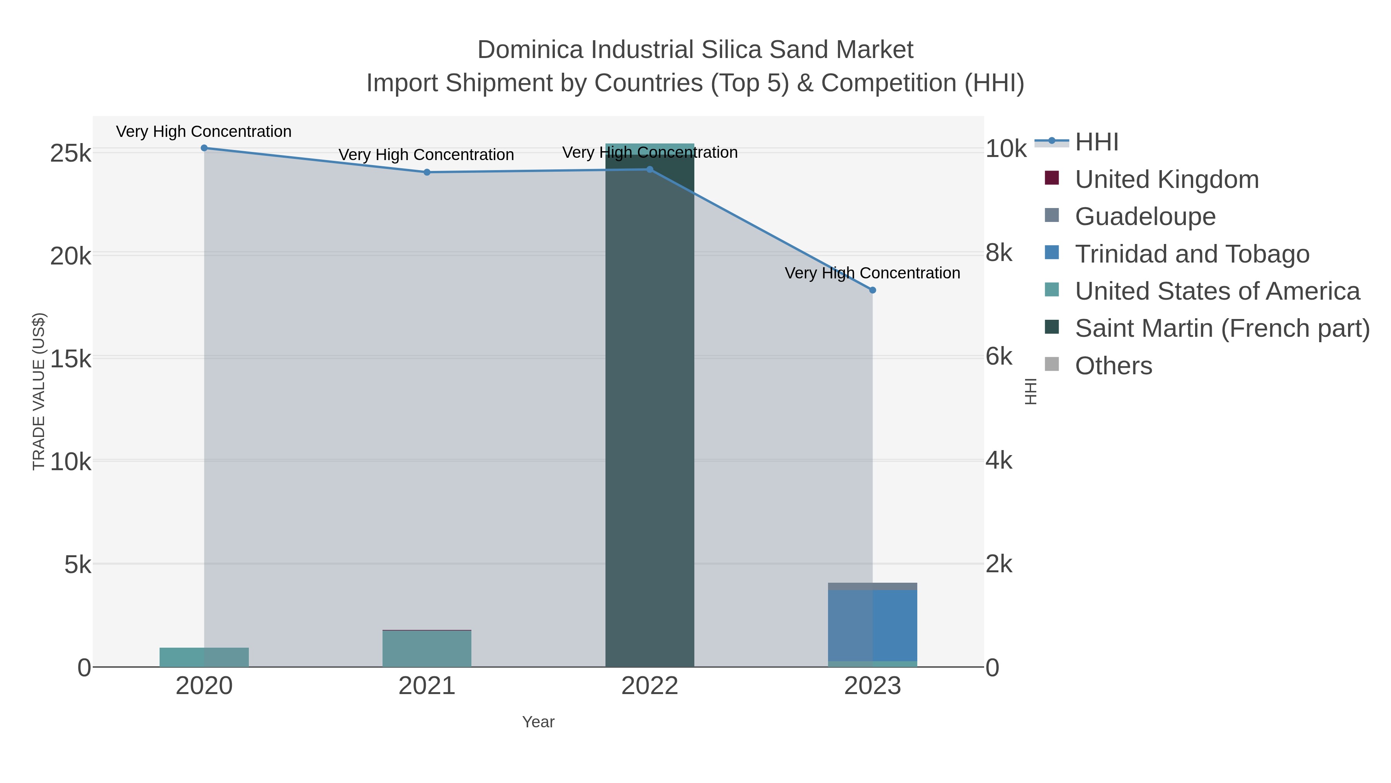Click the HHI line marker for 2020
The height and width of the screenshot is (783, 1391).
(204, 148)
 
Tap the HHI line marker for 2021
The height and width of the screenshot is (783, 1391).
(427, 172)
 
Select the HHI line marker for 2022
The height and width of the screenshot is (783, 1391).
(650, 170)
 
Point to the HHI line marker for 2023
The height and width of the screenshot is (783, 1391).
(872, 290)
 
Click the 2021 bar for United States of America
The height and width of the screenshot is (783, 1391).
(427, 648)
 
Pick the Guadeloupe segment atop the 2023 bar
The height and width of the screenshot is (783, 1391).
(872, 586)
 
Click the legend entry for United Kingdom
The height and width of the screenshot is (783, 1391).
(1167, 179)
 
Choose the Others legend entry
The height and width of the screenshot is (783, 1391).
(1114, 366)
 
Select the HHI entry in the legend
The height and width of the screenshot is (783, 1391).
(1096, 142)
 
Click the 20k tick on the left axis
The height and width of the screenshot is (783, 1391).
(71, 257)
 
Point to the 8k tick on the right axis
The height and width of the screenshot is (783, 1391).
(999, 253)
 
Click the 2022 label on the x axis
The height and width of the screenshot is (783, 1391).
(650, 686)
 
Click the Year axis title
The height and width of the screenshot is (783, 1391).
(538, 722)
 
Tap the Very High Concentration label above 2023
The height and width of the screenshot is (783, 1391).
(872, 273)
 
